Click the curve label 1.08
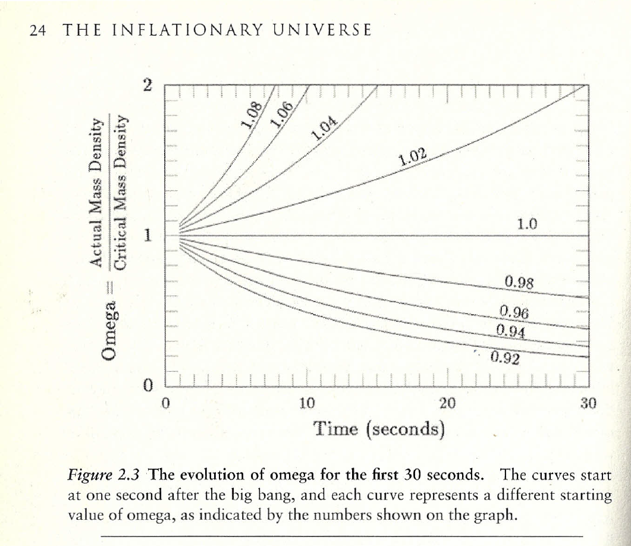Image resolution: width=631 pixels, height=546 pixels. [x=252, y=115]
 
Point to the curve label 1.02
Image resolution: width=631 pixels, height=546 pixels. [x=413, y=158]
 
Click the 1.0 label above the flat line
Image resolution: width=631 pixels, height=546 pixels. [x=528, y=224]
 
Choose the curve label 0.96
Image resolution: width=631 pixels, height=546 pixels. [x=514, y=313]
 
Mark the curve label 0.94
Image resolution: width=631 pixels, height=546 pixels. [x=510, y=330]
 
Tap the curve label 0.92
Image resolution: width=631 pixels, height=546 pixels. [x=506, y=357]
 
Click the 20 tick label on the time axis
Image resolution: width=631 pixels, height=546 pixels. [x=447, y=404]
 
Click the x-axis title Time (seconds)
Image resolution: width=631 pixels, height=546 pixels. [x=379, y=428]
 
